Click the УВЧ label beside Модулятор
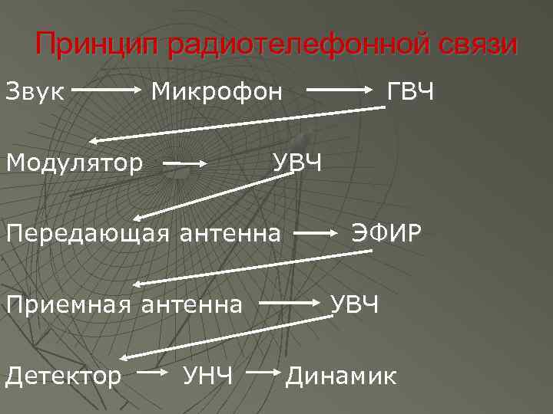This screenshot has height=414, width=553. point(299,163)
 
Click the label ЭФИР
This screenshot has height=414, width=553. point(386,233)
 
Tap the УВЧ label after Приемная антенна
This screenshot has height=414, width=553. point(355,304)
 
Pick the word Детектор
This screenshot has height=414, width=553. point(64,376)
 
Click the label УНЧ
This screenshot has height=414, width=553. point(208,376)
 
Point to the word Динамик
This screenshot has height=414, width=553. point(342,376)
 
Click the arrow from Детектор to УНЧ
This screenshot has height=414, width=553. point(157,373)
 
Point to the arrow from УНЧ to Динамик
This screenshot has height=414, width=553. point(265,373)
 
